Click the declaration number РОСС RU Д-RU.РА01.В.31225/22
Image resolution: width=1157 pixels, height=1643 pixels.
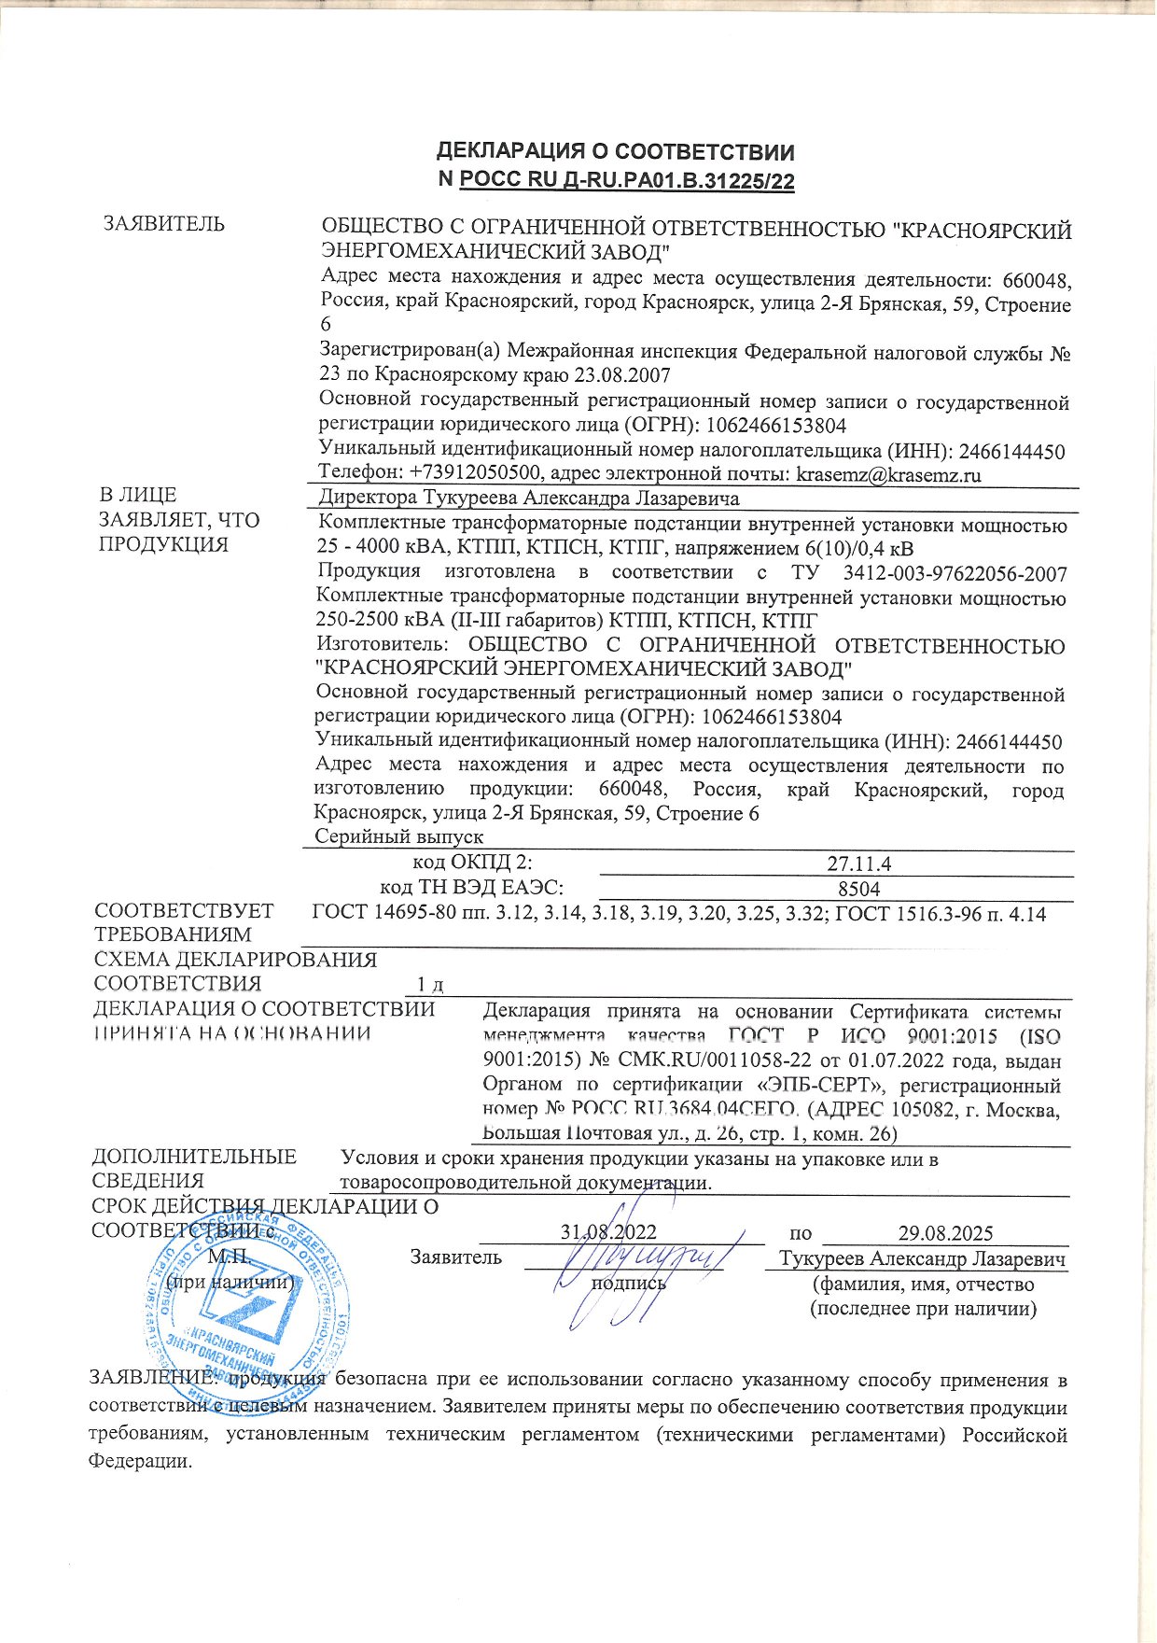pyautogui.click(x=627, y=181)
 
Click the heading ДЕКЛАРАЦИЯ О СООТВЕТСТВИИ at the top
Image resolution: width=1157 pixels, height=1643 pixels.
pyautogui.click(x=616, y=152)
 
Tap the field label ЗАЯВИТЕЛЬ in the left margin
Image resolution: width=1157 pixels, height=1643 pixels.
pyautogui.click(x=164, y=224)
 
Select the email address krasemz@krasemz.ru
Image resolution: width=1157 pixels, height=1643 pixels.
pyautogui.click(x=888, y=475)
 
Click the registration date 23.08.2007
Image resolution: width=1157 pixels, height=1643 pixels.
pyautogui.click(x=623, y=376)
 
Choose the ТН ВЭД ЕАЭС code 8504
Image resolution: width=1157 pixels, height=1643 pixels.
pyautogui.click(x=858, y=889)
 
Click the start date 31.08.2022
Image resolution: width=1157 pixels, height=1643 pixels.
pyautogui.click(x=608, y=1232)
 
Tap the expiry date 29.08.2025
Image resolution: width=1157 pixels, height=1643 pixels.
pyautogui.click(x=945, y=1232)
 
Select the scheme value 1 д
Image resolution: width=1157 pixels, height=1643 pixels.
pyautogui.click(x=429, y=985)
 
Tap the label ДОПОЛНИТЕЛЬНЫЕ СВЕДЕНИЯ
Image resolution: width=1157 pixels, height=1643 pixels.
pyautogui.click(x=194, y=1169)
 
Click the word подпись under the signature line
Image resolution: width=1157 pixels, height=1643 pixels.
pyautogui.click(x=630, y=1283)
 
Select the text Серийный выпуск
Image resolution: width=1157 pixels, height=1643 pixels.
pyautogui.click(x=398, y=836)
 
